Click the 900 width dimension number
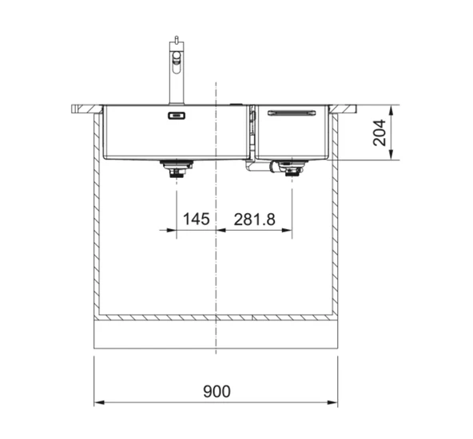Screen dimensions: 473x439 click(x=217, y=391)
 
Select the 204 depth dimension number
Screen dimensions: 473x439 click(x=380, y=132)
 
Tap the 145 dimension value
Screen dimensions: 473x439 click(x=196, y=219)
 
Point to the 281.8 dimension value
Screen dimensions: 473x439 click(x=254, y=219)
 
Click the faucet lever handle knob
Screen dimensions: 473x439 click(x=176, y=39)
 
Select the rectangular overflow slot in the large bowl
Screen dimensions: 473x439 click(x=177, y=116)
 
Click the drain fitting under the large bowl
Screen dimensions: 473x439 click(x=177, y=168)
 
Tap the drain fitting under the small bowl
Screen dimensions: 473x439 click(x=292, y=168)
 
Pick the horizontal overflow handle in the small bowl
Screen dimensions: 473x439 click(x=292, y=113)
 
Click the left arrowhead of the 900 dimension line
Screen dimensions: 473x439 click(x=99, y=402)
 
